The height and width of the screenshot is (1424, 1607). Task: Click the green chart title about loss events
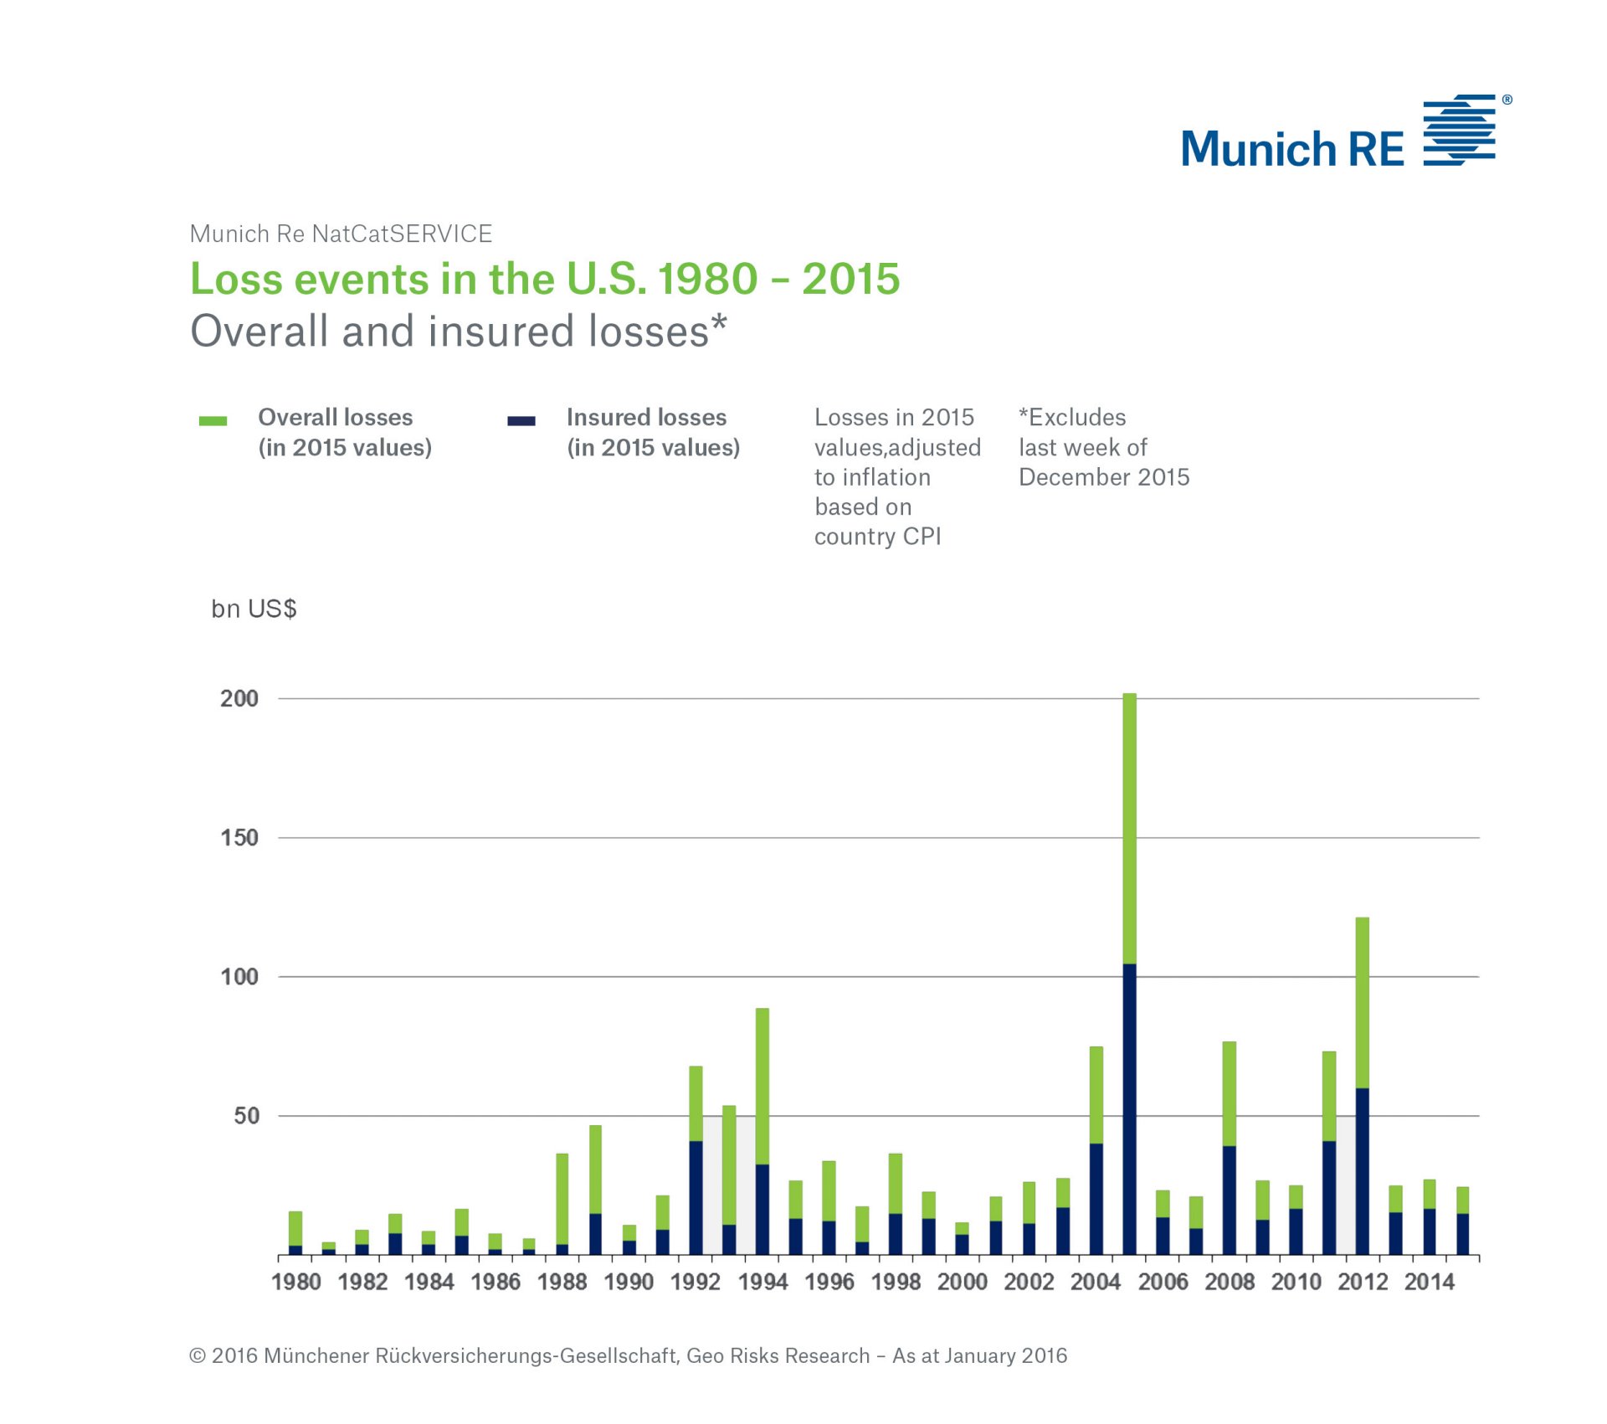(545, 279)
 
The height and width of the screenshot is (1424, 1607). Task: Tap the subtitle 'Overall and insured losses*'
(459, 331)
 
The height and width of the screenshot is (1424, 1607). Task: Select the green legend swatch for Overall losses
(213, 420)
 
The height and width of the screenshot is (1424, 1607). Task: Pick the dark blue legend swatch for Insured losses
(521, 420)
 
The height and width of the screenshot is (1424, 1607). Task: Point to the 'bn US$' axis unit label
(254, 609)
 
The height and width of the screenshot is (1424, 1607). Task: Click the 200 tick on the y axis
(239, 698)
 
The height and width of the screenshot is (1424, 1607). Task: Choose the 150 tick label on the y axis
(239, 837)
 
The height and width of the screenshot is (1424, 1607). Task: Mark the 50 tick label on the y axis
(246, 1115)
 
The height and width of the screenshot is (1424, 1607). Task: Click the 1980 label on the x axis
(296, 1282)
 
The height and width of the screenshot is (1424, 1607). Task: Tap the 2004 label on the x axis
(1096, 1282)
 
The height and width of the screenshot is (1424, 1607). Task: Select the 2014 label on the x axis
(1430, 1282)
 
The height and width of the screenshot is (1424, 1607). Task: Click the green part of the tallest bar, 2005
(1129, 829)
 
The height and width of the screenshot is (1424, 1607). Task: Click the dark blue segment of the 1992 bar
(696, 1197)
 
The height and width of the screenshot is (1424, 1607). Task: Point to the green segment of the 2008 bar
(1230, 1093)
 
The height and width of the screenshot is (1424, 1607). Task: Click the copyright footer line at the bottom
(628, 1355)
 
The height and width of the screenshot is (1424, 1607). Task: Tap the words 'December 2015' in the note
(1104, 477)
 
